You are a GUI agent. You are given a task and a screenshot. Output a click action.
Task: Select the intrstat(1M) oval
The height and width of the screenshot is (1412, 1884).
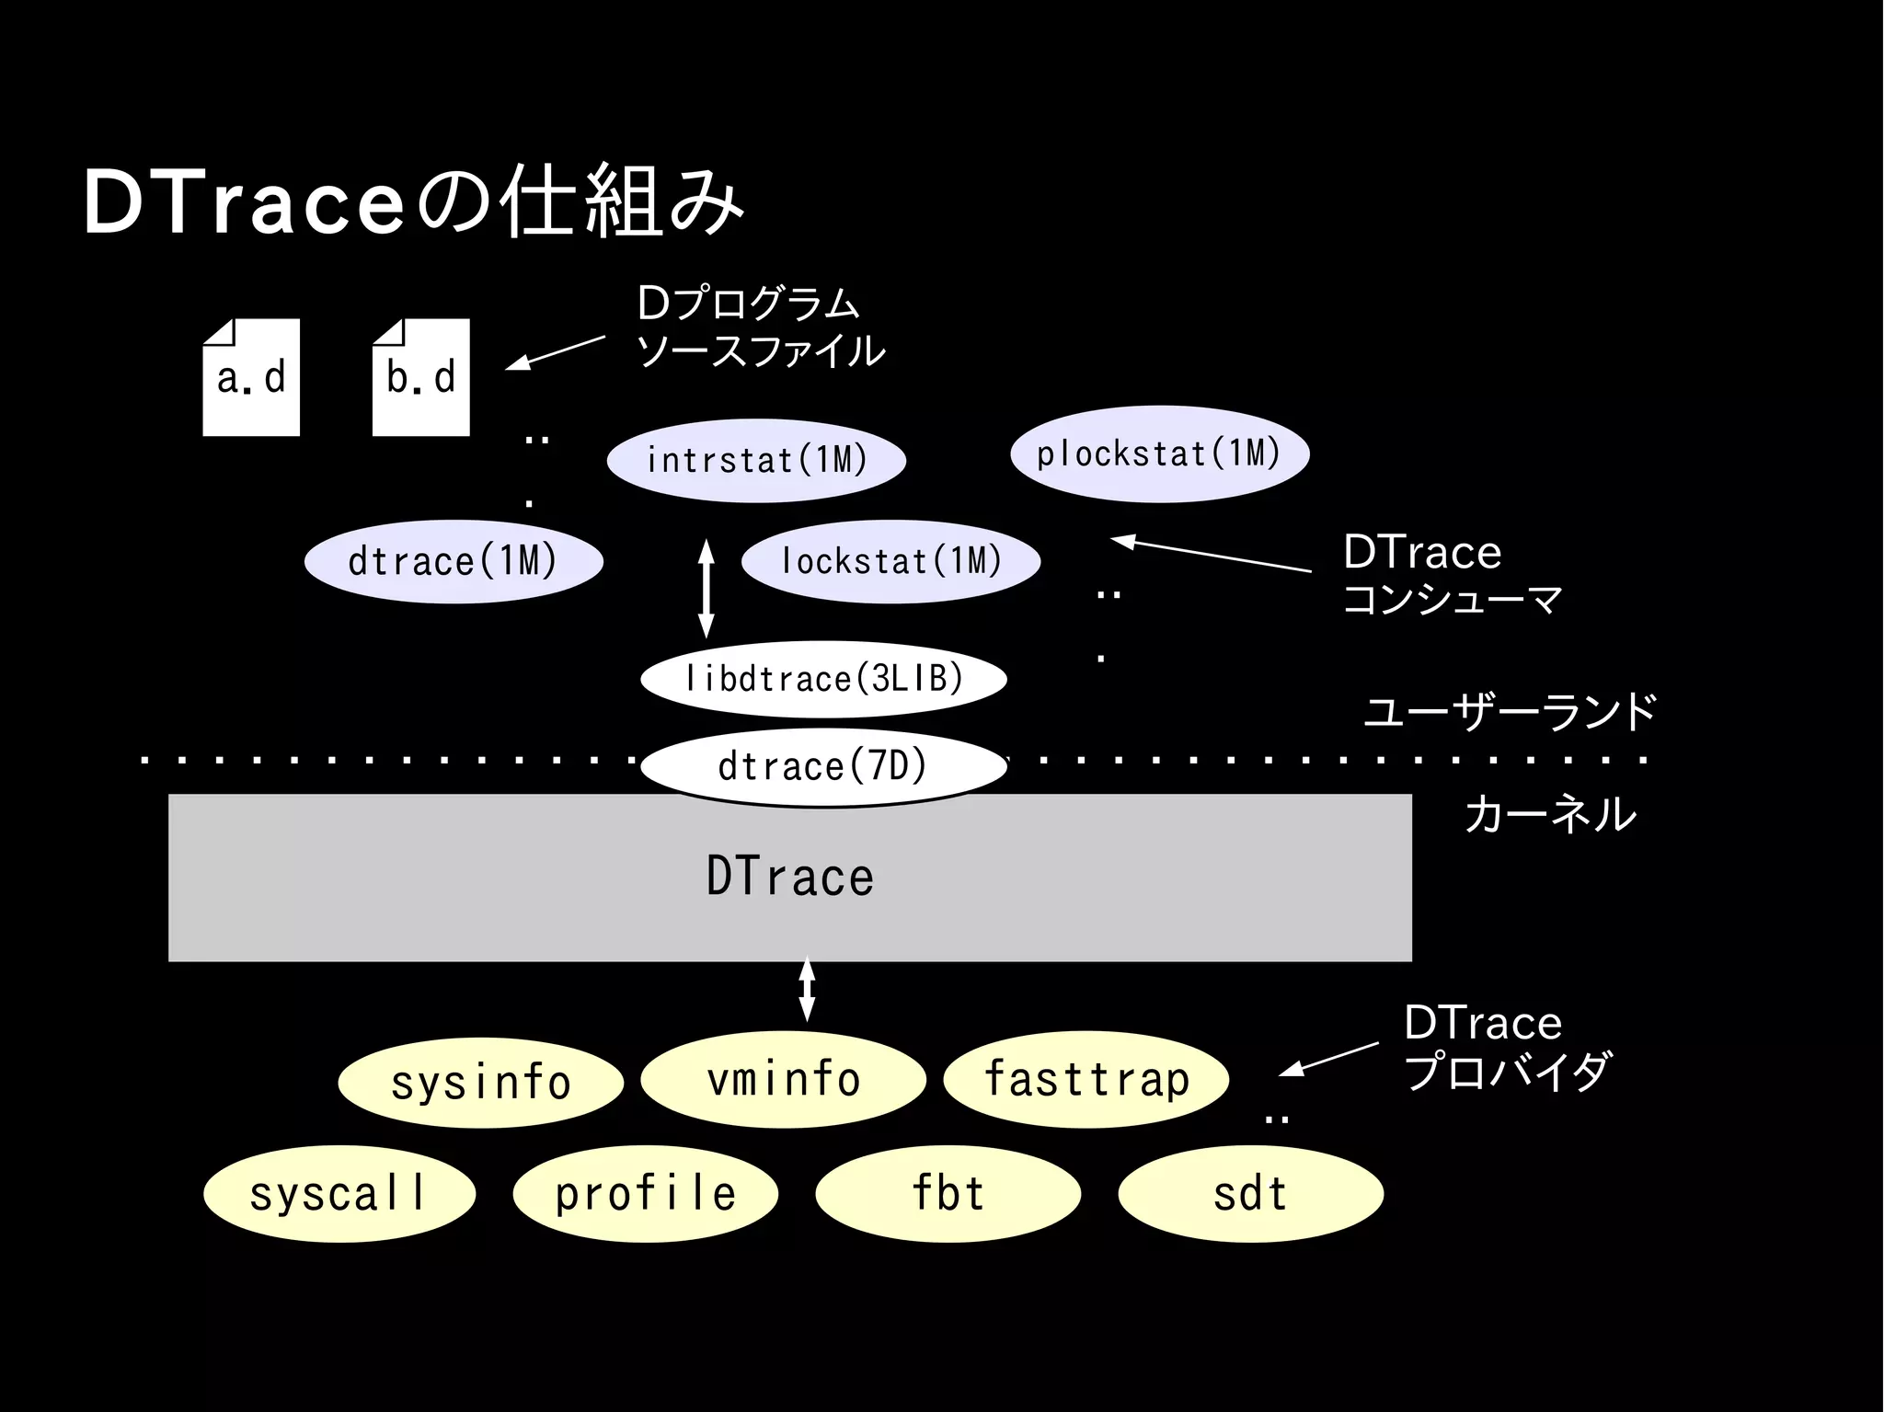click(756, 460)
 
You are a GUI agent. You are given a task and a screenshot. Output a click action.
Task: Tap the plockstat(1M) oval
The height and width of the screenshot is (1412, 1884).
click(1159, 453)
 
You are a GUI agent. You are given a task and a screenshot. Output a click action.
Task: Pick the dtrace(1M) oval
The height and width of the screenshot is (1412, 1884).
click(454, 561)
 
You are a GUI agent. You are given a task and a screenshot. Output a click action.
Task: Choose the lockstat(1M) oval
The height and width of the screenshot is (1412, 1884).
click(890, 561)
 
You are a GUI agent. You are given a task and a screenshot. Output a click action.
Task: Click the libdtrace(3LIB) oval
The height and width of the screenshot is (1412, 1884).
click(823, 679)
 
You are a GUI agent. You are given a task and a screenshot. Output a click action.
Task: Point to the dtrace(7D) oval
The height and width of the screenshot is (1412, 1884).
click(823, 766)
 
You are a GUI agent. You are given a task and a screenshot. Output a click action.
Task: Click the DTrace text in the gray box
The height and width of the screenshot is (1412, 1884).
click(789, 877)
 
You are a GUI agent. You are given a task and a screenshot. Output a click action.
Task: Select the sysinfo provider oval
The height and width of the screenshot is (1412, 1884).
click(480, 1081)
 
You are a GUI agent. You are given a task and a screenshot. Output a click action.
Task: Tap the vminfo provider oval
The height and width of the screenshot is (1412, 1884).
click(783, 1079)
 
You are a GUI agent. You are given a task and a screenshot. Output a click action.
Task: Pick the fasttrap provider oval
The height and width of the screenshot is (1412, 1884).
click(1086, 1079)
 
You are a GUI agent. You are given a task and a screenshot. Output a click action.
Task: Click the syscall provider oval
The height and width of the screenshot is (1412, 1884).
click(339, 1193)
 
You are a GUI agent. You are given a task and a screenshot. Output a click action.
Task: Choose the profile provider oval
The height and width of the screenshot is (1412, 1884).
click(645, 1193)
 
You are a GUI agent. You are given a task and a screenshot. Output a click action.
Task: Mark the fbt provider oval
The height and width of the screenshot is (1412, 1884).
click(948, 1193)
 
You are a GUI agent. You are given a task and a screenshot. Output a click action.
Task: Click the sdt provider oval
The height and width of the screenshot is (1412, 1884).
click(1250, 1193)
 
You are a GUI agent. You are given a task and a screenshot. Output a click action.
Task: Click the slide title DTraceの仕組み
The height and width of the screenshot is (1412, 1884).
click(413, 201)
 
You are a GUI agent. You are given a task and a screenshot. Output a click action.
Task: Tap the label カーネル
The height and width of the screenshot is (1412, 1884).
click(1550, 814)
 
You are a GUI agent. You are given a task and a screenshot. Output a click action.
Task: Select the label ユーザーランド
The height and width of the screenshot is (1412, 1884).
click(1510, 712)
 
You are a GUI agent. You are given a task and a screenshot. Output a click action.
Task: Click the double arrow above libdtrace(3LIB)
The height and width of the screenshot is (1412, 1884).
click(706, 589)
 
